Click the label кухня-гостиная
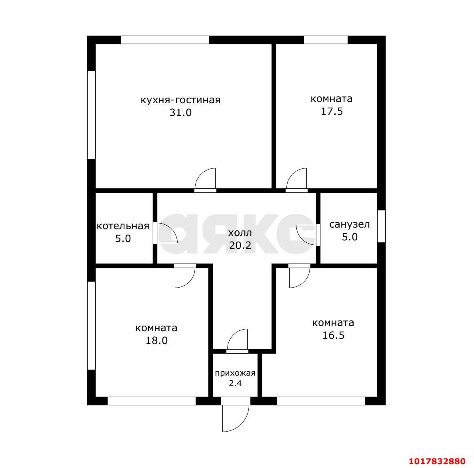coord(180,100)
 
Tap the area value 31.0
coord(180,113)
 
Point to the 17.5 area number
coord(332,112)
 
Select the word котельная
coord(123,226)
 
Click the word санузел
coord(350,225)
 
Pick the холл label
coord(240,233)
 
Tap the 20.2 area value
coord(240,245)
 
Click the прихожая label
coord(235,373)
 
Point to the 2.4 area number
coord(235,383)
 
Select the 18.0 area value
coord(156,341)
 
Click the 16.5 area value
coord(333,336)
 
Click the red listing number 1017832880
coord(437,461)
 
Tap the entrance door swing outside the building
coord(236,418)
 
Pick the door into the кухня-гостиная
coord(205,180)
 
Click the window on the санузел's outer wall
coord(382,226)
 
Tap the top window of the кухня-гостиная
coord(165,40)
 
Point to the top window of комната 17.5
coord(326,40)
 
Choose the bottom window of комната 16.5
coord(321,401)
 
